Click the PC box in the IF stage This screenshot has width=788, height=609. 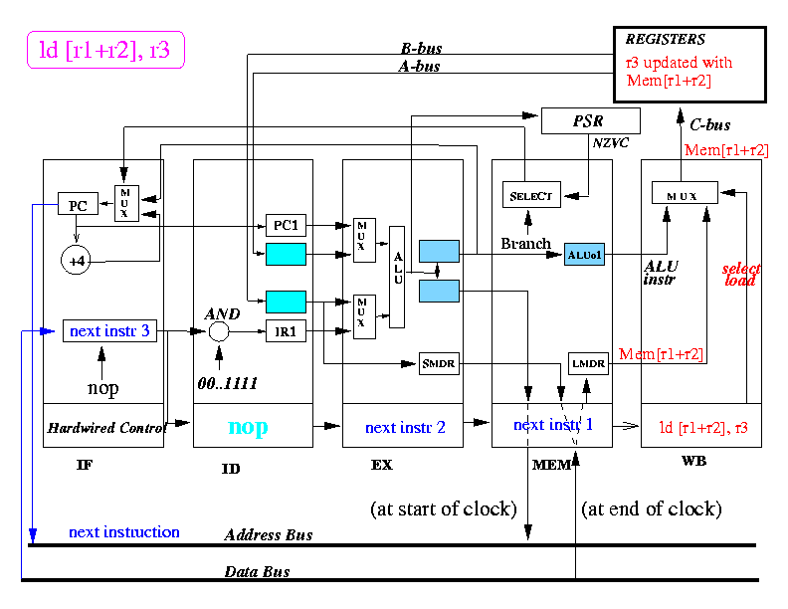click(77, 205)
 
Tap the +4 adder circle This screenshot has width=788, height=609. click(77, 261)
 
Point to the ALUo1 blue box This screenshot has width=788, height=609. click(584, 254)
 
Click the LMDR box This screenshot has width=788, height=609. click(587, 363)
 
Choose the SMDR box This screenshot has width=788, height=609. click(438, 363)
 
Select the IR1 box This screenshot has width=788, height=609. click(286, 332)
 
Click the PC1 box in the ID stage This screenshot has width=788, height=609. click(286, 226)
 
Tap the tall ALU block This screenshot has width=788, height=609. click(397, 277)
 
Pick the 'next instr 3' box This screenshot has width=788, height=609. click(109, 330)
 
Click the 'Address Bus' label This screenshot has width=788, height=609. click(269, 535)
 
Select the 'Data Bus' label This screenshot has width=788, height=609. click(257, 572)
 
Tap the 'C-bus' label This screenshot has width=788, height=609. click(710, 125)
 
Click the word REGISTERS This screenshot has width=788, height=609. click(666, 40)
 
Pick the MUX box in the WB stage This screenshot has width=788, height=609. click(687, 193)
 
